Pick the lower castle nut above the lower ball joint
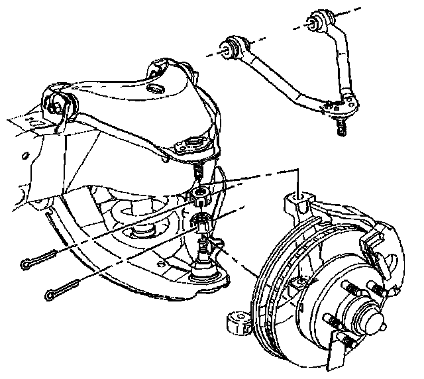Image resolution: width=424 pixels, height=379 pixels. [x=202, y=224]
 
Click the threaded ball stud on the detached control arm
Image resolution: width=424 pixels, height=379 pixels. [x=341, y=126]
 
